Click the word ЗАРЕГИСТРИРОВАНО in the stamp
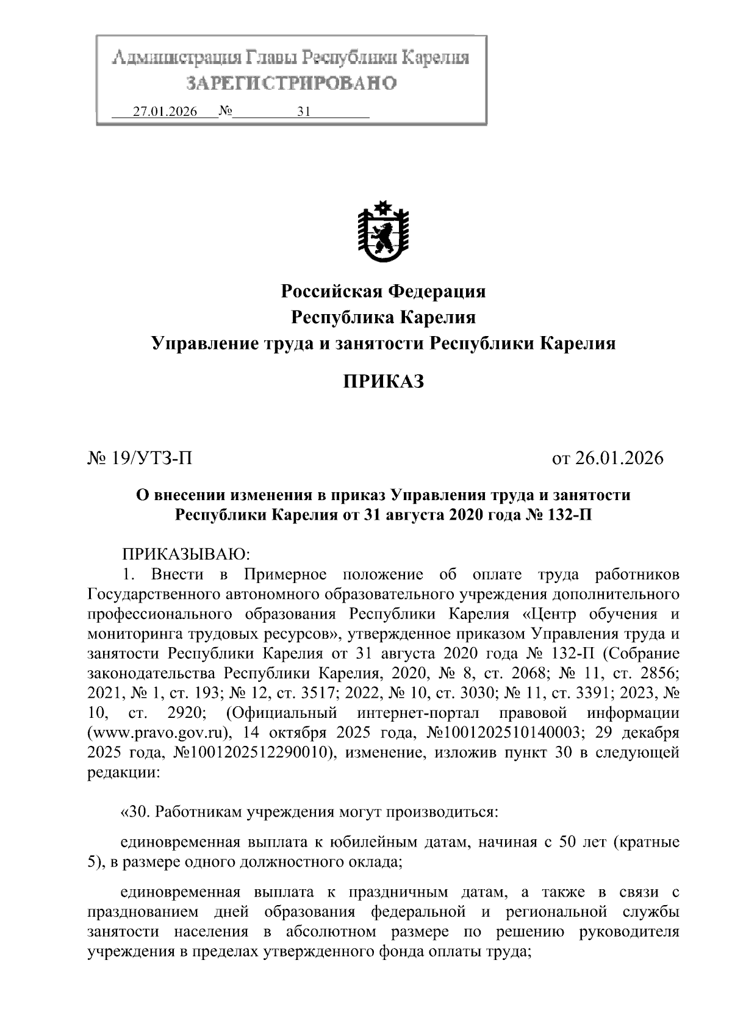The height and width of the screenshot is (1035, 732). tap(290, 84)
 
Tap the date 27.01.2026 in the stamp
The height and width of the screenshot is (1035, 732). tap(165, 112)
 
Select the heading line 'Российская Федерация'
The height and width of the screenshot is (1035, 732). tap(383, 291)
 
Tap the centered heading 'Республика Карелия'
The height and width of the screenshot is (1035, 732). tap(383, 317)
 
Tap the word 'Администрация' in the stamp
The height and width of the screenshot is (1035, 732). tap(176, 59)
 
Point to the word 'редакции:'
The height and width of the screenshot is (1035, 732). tap(124, 773)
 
